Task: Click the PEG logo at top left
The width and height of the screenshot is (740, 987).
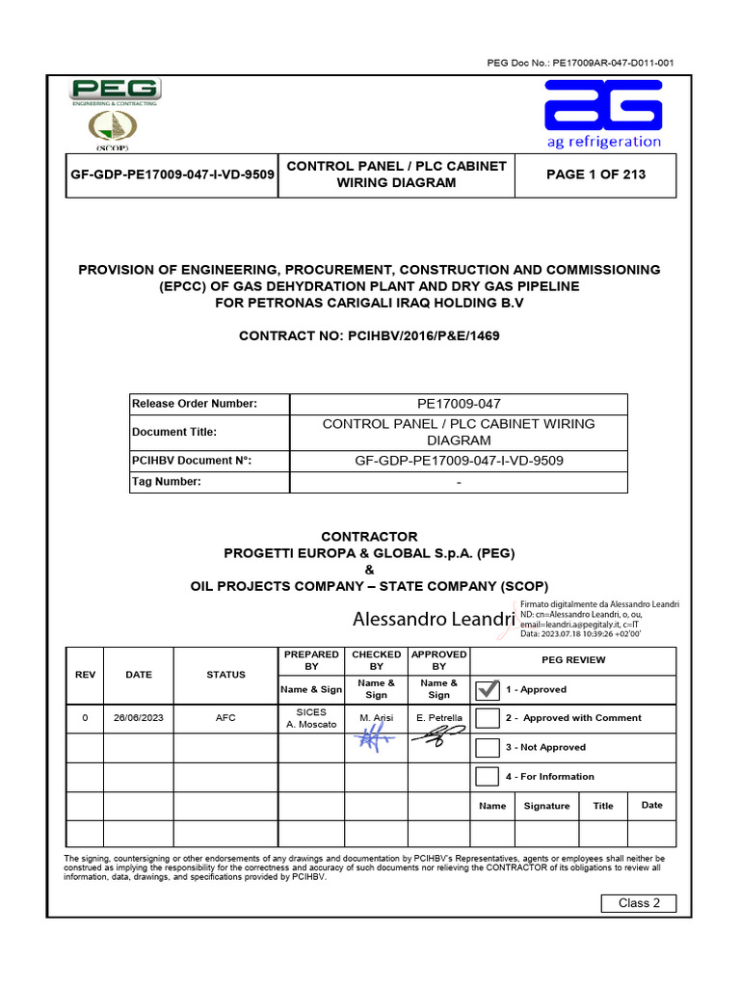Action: (x=116, y=93)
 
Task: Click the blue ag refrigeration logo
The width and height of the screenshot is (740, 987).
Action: (x=603, y=114)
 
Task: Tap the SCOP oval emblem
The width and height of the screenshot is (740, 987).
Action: (x=113, y=127)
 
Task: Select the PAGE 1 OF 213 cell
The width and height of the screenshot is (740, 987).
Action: (x=596, y=174)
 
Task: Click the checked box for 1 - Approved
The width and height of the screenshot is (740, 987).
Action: (x=489, y=689)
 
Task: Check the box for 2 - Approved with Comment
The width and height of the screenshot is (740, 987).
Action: (x=489, y=718)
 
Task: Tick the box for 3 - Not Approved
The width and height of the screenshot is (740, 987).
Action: (x=489, y=747)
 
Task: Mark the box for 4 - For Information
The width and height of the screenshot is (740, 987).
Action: (x=489, y=776)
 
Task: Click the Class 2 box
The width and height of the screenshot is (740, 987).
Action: (x=639, y=903)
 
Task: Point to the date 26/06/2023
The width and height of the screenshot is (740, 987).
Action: (x=139, y=718)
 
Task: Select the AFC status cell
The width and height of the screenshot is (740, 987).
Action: (x=225, y=718)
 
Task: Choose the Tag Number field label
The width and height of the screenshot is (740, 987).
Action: (x=167, y=482)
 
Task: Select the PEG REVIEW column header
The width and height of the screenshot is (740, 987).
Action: (x=573, y=659)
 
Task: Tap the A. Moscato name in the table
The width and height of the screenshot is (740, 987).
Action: (x=311, y=724)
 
